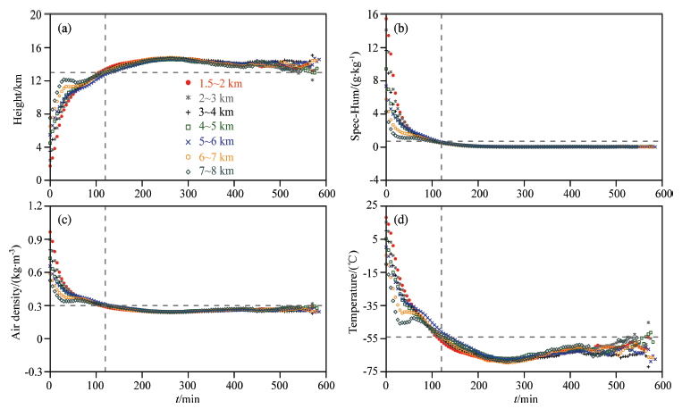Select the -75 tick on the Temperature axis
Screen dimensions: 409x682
369,371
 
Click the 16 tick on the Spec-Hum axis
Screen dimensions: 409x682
373,16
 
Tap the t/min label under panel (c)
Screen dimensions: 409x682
187,399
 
